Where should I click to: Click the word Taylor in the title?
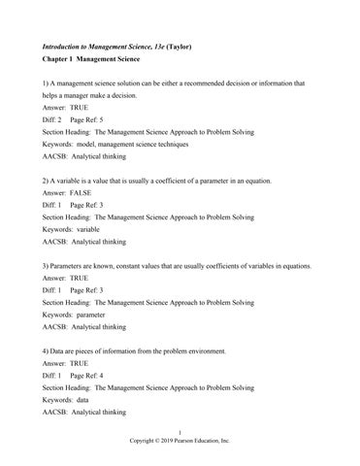coord(198,46)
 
